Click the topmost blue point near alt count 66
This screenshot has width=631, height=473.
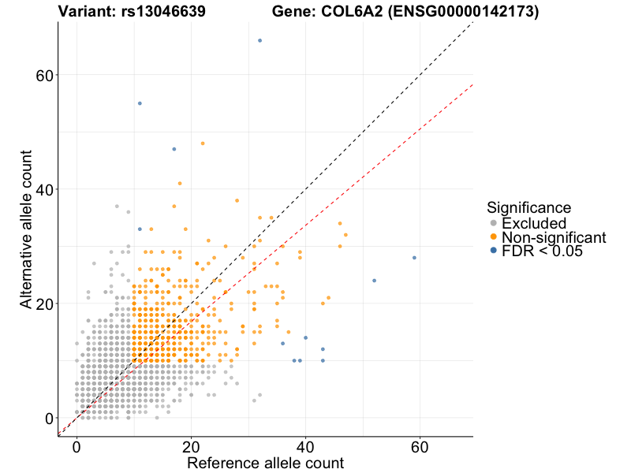[x=259, y=40]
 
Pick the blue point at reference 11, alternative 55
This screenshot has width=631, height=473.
[x=140, y=103]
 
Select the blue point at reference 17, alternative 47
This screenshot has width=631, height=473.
[x=174, y=149]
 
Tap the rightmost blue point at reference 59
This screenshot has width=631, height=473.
[x=414, y=258]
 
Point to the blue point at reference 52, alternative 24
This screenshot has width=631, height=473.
[x=374, y=281]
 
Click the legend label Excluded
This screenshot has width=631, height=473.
[x=534, y=223]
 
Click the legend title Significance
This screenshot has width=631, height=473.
[x=528, y=207]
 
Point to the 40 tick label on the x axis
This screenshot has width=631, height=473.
[x=305, y=445]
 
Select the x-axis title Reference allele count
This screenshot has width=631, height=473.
[x=265, y=464]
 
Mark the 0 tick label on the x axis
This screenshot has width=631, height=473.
[x=77, y=445]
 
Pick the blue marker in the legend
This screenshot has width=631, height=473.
[x=494, y=251]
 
